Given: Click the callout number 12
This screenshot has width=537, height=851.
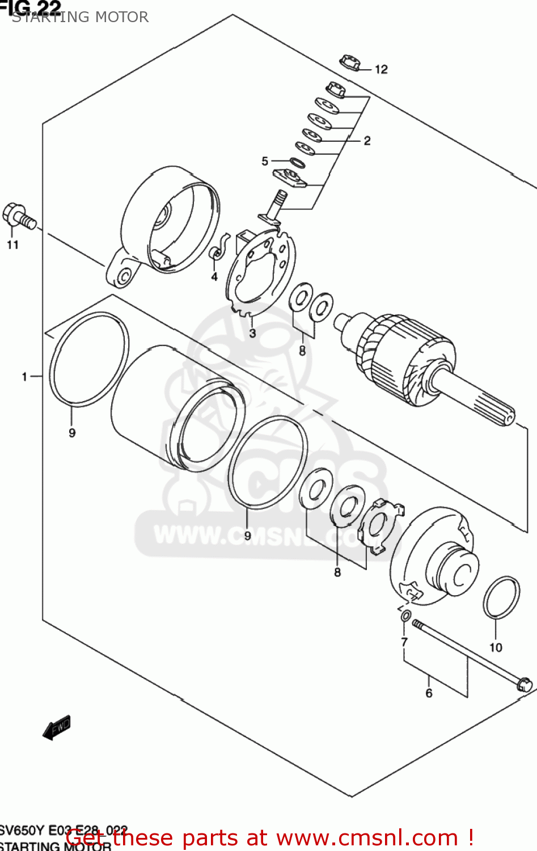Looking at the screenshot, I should point(381,69).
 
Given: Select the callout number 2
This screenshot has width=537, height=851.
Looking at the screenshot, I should point(367,141).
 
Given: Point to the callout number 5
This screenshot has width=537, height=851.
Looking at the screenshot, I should point(265,162).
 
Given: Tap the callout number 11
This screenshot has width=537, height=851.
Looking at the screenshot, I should point(12,245).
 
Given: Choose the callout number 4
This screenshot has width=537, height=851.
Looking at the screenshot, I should point(214,277).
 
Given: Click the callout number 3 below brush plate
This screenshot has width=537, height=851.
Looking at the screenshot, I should point(252,333).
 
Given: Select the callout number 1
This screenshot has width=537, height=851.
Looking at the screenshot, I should point(24,376).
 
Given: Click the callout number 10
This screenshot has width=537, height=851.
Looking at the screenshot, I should point(496,647).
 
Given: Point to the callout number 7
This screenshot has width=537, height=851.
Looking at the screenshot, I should point(404,642).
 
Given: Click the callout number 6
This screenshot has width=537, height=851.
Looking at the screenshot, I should point(429,693).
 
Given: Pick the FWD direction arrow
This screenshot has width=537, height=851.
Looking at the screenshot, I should point(57,727).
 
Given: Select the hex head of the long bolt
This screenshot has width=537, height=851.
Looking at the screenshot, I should point(525,684).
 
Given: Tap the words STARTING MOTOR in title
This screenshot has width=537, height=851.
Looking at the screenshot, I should point(80,17).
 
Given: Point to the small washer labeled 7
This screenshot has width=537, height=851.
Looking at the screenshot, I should point(405,616).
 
